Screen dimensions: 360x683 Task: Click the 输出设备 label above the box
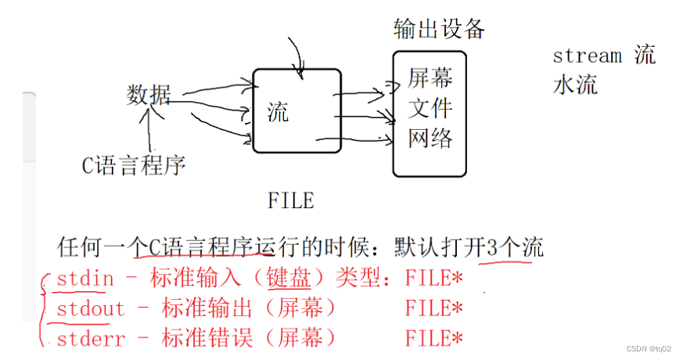pos(439,30)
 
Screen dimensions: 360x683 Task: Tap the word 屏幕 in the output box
pos(430,78)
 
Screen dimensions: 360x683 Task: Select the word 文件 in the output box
pos(430,108)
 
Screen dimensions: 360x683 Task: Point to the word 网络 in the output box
pos(430,138)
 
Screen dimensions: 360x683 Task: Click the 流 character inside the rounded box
pos(278,112)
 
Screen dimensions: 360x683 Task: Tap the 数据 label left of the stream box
pos(148,95)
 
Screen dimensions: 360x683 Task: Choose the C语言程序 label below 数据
pos(134,165)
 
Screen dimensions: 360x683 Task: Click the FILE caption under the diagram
pos(290,201)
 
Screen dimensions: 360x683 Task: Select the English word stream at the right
pos(587,56)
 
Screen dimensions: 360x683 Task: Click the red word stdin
pos(85,278)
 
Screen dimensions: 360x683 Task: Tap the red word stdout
pos(90,308)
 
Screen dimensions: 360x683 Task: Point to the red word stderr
pos(90,338)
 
